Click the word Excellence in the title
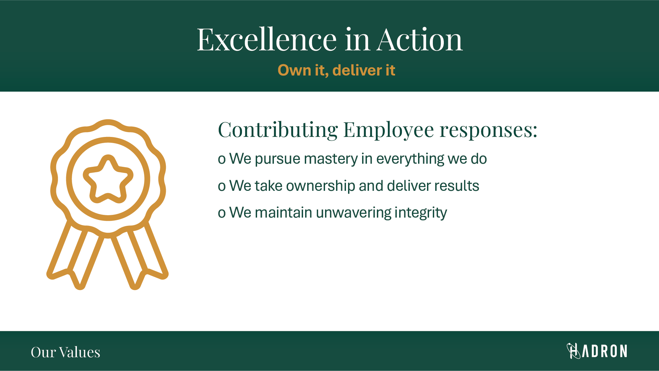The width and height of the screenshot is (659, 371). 267,40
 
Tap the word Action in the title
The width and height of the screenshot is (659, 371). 419,40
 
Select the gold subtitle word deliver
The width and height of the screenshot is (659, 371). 357,70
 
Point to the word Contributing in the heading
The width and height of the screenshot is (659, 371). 278,130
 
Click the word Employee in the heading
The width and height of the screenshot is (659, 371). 389,130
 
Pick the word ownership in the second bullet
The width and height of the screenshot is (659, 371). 321,186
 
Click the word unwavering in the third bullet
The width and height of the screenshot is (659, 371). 353,213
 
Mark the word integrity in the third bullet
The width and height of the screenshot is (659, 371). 421,213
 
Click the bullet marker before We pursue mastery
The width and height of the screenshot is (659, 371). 222,160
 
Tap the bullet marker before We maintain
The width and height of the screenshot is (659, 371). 222,213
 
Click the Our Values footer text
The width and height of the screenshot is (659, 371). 66,352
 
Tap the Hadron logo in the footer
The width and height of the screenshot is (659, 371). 597,351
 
